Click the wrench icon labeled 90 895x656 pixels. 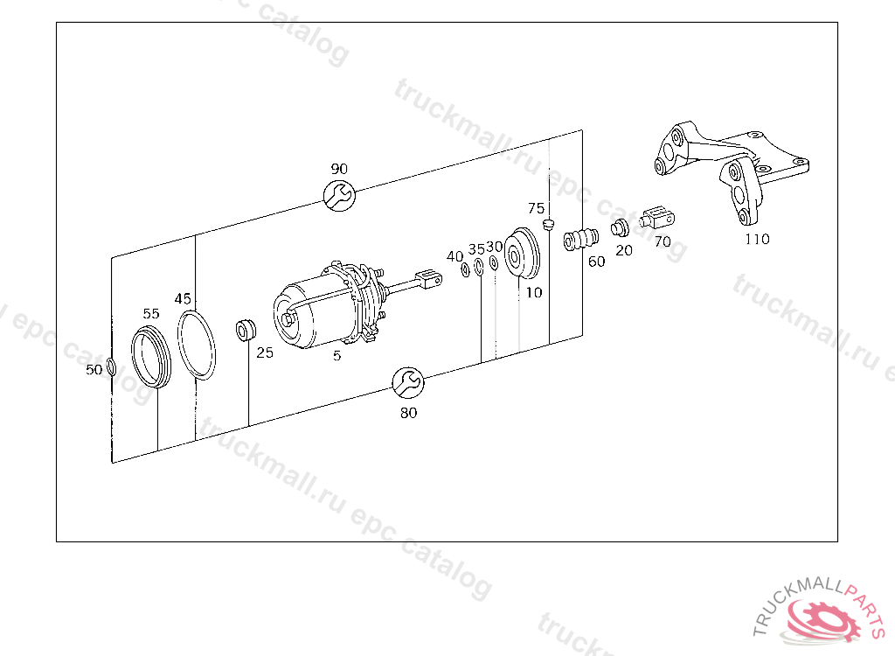click(339, 195)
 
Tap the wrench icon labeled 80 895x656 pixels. click(408, 382)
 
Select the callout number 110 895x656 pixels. click(757, 239)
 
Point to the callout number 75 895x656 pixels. click(536, 208)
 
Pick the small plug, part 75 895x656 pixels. click(549, 223)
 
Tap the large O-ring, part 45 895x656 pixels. click(197, 345)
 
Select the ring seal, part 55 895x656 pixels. click(150, 356)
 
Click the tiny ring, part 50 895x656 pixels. click(111, 366)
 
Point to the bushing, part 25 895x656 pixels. click(246, 331)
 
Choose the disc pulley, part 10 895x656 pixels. click(522, 254)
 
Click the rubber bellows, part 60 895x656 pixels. click(581, 239)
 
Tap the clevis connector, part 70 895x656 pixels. click(657, 218)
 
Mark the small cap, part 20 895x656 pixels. click(620, 228)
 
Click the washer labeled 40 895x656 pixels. click(465, 269)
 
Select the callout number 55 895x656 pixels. click(150, 314)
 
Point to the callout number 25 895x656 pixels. click(264, 352)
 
